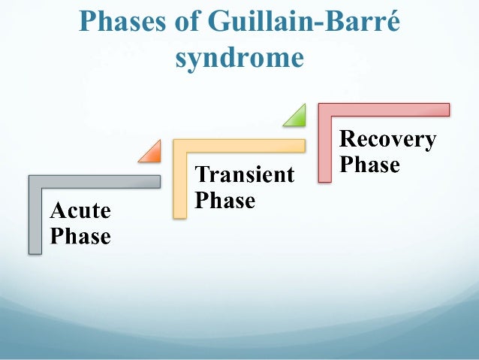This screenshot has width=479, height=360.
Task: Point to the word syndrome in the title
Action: click(x=239, y=58)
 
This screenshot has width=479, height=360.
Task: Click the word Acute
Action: click(x=80, y=210)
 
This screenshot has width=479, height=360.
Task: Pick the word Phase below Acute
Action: click(x=80, y=237)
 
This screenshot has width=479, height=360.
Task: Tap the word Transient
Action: click(x=245, y=175)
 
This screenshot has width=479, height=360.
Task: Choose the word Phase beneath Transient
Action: click(x=225, y=201)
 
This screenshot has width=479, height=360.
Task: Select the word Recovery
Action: click(x=387, y=139)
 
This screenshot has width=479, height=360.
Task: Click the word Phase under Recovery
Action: click(x=369, y=164)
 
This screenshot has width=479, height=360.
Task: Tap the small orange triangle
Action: click(x=152, y=153)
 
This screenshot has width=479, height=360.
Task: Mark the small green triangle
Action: click(x=297, y=116)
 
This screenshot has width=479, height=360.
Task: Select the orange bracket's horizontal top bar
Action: click(x=239, y=146)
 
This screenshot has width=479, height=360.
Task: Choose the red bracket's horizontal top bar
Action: click(x=384, y=110)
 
